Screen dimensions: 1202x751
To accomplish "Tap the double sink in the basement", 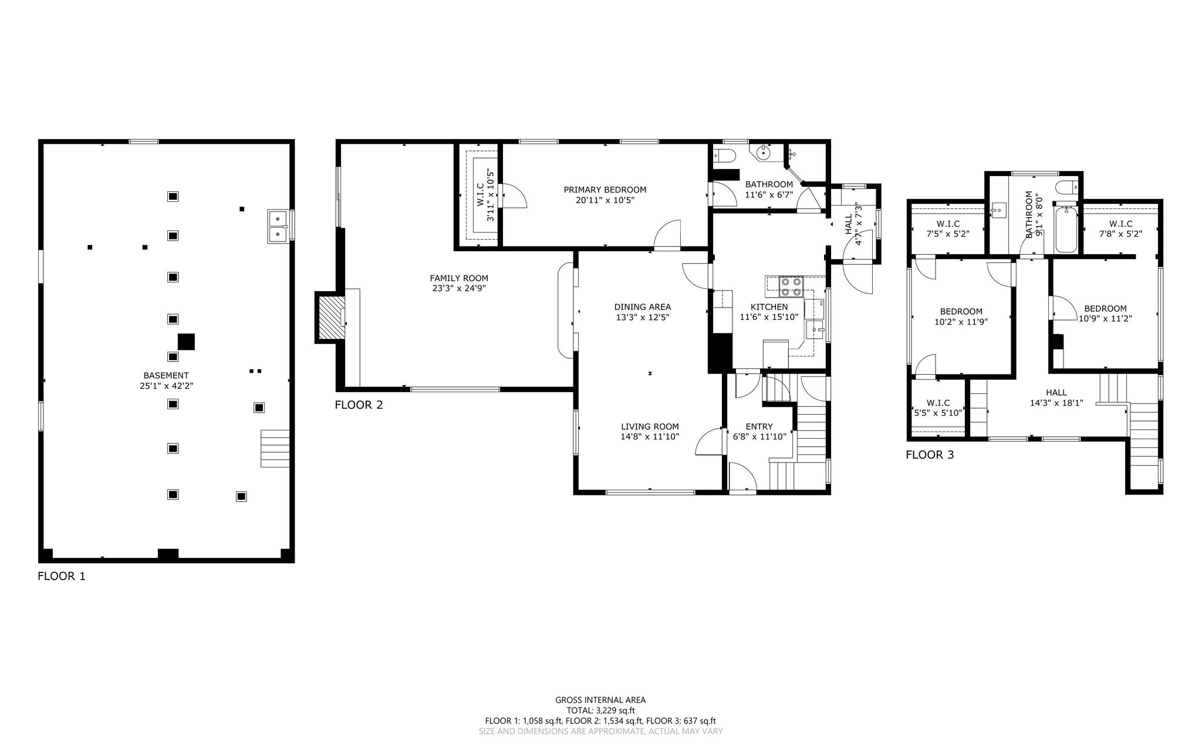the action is (278, 226).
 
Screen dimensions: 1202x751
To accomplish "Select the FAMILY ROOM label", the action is (459, 278).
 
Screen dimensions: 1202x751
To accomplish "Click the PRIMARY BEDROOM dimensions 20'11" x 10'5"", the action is (605, 200).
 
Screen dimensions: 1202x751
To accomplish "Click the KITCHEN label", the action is (769, 307).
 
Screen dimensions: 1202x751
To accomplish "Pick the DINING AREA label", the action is (643, 307).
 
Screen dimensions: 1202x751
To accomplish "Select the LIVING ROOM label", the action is (650, 427).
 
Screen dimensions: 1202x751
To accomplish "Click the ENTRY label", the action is (759, 426).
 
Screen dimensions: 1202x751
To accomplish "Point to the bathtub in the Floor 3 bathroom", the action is (1066, 229).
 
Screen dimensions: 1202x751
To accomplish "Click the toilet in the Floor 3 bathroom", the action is (1066, 188).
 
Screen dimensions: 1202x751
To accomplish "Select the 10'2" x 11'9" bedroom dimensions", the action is (961, 321).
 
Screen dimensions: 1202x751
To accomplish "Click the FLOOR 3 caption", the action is (930, 454).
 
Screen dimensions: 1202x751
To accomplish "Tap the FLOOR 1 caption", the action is (62, 576).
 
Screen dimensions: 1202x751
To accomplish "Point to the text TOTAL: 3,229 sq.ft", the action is (600, 710).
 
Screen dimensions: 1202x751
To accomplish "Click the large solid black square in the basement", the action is (186, 342).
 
